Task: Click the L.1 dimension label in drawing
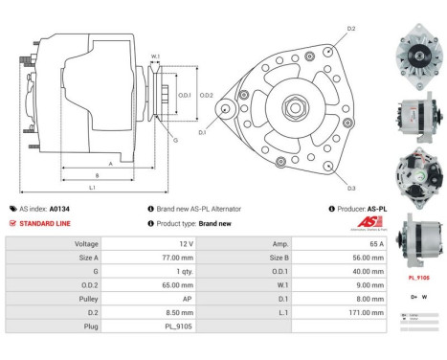[x=91, y=188]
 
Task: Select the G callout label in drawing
[x=175, y=140]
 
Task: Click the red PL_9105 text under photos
[x=418, y=277]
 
